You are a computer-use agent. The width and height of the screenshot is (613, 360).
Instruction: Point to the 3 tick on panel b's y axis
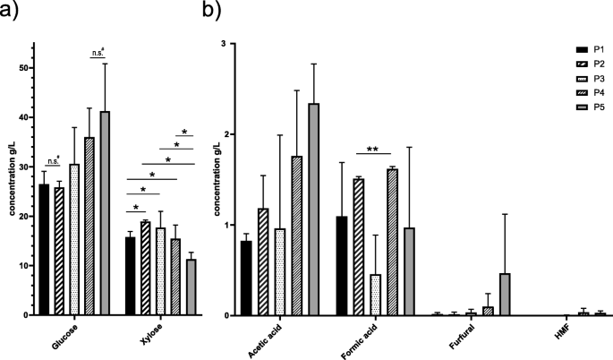[x=226, y=43]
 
